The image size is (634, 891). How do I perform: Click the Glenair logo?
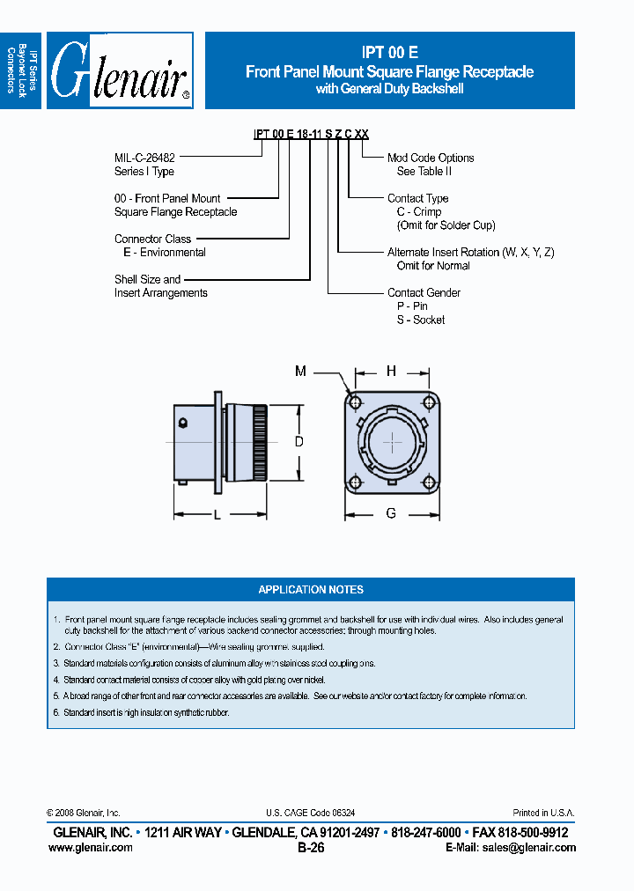pos(119,70)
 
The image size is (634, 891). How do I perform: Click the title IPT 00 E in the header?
pos(389,53)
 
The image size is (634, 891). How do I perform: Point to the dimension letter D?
pos(299,442)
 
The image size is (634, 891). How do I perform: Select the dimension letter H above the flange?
pos(392,372)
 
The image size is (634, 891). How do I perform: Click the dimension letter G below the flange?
pos(391,513)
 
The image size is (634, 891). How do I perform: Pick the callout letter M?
pos(300,372)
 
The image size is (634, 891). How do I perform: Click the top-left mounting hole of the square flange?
pos(355,403)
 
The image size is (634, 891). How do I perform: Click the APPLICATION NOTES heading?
pos(311,590)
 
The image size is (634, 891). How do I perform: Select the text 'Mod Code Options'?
pos(431,158)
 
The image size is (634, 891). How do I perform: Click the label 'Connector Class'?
pos(152,239)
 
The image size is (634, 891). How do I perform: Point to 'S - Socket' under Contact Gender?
pos(421,320)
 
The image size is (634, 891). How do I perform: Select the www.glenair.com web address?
pos(91,848)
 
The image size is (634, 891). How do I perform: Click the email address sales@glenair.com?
pos(524,848)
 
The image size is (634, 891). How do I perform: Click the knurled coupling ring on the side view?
pos(258,443)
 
